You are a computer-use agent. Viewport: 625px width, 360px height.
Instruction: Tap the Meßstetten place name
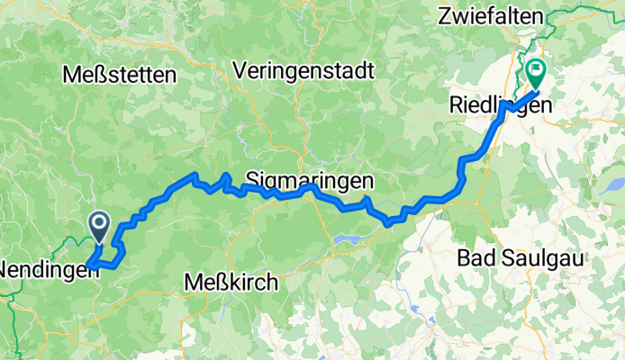click(119, 76)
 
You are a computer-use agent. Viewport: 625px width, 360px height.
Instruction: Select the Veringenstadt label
click(302, 70)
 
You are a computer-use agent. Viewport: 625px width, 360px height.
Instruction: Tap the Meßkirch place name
click(231, 282)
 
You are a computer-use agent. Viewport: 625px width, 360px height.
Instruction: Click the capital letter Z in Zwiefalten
click(444, 16)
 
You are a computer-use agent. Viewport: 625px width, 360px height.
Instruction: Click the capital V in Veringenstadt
click(239, 70)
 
